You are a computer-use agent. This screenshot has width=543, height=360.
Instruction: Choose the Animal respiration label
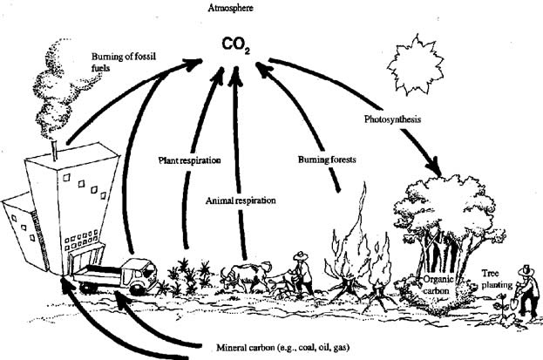pos(241,200)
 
